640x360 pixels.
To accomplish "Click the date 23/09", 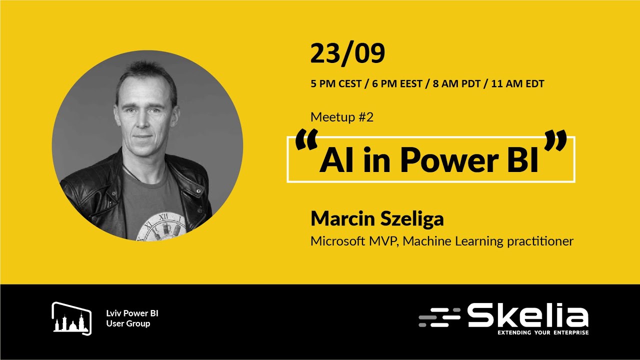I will tap(347, 54).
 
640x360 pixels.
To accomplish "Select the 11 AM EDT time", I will tap(517, 84).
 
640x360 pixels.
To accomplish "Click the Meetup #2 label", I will tap(342, 117).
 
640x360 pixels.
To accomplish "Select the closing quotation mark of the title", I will tap(555, 140).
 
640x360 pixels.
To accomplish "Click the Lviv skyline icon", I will tap(71, 318).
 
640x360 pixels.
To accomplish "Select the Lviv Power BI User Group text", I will tap(132, 318).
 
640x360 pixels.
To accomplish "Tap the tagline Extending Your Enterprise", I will tap(542, 332).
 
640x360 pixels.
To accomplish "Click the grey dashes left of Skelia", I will tap(439, 317).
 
